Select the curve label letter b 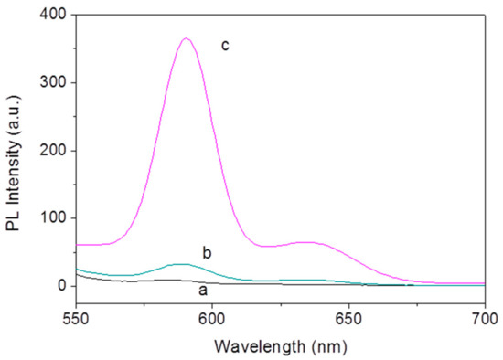point(206,251)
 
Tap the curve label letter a point(203,291)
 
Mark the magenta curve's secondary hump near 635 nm point(307,242)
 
